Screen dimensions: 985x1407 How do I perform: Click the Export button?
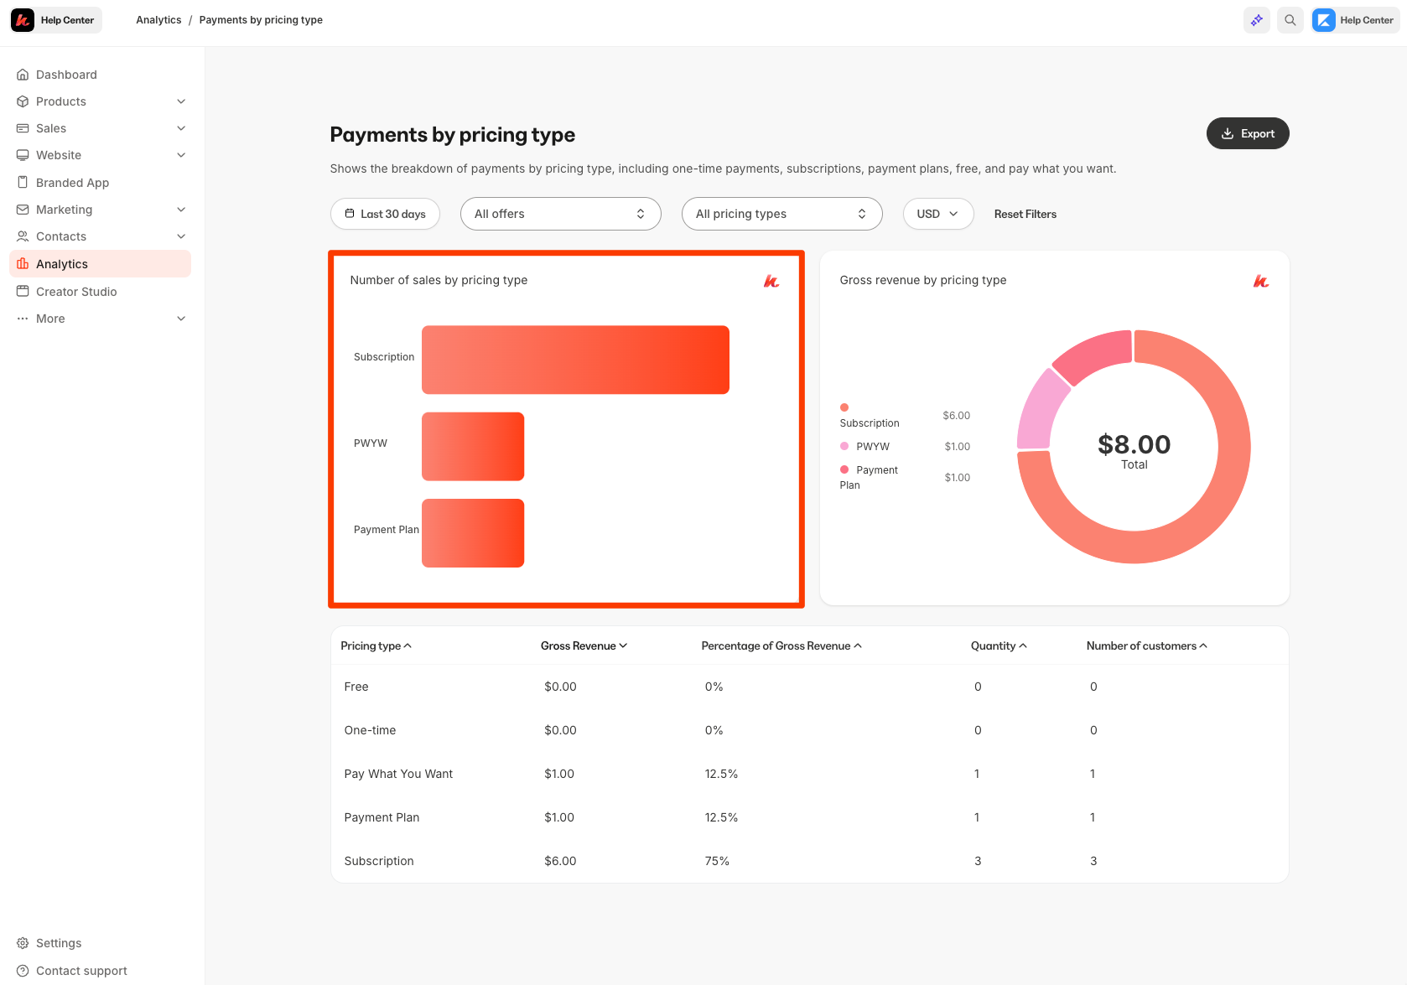(1247, 133)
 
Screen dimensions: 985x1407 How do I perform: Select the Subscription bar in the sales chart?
(575, 360)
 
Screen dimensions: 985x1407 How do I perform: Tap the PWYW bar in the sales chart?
(473, 446)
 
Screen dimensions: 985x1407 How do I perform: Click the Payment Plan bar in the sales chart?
(473, 533)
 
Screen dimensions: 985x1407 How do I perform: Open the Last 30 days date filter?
(385, 214)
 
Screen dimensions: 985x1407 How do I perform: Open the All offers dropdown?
(560, 214)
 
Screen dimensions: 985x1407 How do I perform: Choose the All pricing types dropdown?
(781, 214)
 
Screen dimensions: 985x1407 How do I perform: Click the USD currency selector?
(937, 214)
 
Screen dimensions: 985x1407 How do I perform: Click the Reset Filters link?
(1025, 214)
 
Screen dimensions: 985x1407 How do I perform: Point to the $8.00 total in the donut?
(1134, 444)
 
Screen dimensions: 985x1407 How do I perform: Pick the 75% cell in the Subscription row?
(717, 861)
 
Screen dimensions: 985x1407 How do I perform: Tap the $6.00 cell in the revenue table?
(560, 861)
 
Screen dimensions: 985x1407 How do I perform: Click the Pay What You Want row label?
(398, 774)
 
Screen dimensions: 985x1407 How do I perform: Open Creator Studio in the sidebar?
(76, 292)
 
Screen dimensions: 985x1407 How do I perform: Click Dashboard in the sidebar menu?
(66, 75)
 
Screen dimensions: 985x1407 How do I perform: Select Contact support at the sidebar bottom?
(81, 971)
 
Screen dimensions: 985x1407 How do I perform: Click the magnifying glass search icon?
(1290, 20)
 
